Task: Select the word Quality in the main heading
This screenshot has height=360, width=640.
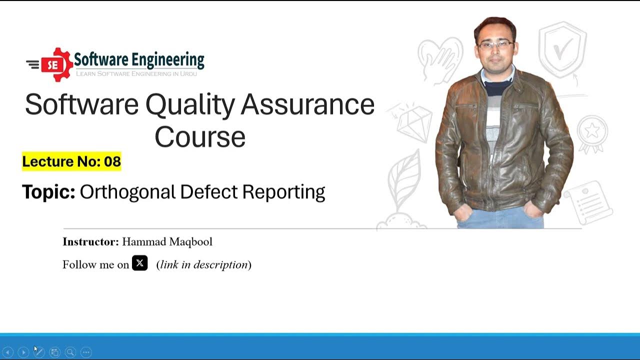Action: tap(190, 104)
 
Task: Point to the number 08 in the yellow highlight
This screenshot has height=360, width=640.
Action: tap(112, 161)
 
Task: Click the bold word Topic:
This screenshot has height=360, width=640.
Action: tap(48, 192)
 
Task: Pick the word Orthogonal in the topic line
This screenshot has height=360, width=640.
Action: tap(127, 192)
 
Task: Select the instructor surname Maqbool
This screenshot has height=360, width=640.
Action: tap(190, 242)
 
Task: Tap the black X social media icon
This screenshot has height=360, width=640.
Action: tap(139, 263)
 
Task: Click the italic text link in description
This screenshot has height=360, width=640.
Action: tap(204, 264)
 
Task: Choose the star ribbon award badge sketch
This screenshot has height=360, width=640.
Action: tap(592, 132)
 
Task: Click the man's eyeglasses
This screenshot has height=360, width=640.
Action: tap(495, 45)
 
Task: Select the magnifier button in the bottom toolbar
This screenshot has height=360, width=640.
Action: tap(70, 352)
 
